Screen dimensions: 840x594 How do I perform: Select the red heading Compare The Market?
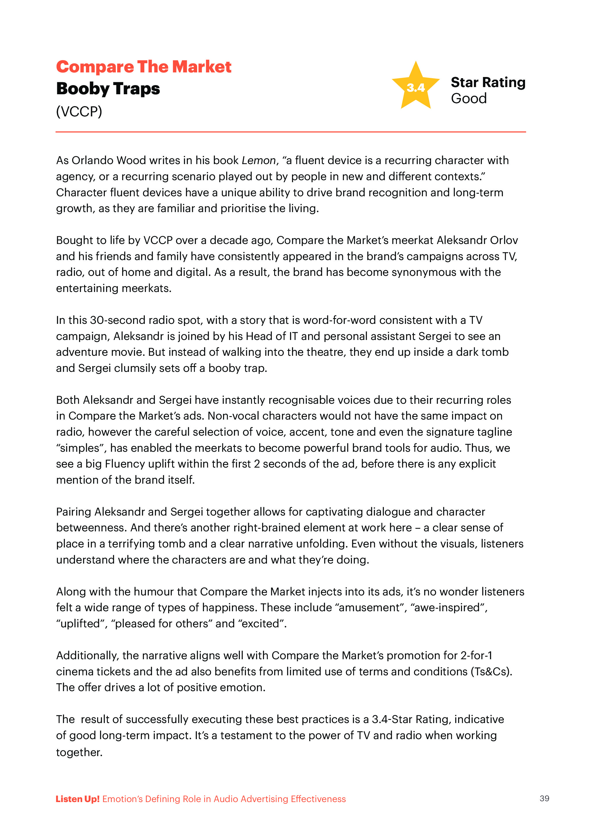(x=144, y=67)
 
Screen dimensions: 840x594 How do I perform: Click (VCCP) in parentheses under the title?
(x=79, y=111)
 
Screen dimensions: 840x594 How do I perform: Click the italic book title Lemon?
(x=258, y=160)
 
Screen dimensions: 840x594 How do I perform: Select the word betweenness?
(x=91, y=528)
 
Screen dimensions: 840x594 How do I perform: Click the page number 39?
(x=544, y=799)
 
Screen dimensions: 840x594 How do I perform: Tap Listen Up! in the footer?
(x=78, y=799)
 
